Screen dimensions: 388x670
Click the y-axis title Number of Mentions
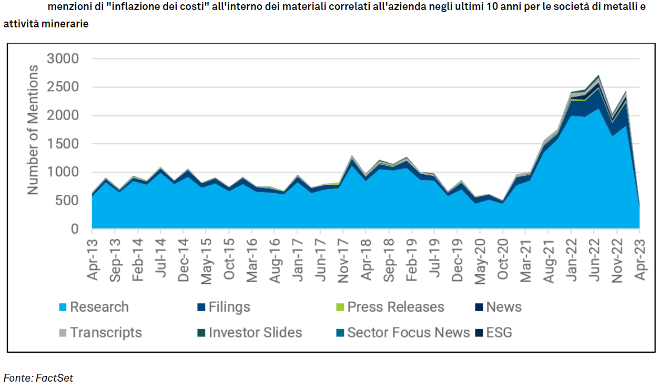33,130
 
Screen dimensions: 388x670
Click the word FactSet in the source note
55,377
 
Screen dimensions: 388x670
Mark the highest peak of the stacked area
598,76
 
